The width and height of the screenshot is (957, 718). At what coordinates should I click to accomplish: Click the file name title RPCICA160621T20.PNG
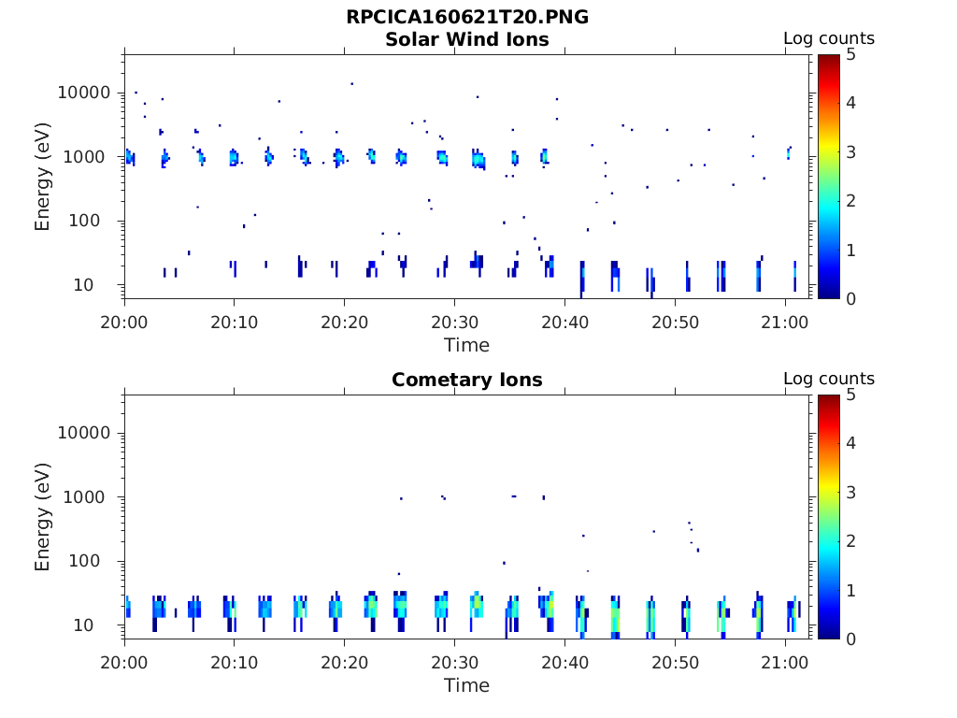466,18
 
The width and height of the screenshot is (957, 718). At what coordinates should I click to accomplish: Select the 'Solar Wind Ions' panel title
466,39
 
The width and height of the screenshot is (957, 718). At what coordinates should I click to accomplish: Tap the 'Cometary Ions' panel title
466,380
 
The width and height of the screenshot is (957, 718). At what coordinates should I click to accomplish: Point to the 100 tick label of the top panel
97,222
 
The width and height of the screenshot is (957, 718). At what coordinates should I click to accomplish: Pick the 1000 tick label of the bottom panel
92,497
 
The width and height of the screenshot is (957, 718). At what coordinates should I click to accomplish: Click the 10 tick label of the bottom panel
102,625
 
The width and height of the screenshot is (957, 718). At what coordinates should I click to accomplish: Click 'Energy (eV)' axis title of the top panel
43,176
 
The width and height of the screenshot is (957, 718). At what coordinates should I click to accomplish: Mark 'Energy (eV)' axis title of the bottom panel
43,516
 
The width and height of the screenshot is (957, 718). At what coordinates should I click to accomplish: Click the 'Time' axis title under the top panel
466,345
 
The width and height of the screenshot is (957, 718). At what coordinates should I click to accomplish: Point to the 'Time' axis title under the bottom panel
466,685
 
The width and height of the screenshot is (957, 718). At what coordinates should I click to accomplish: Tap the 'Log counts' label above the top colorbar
828,38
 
